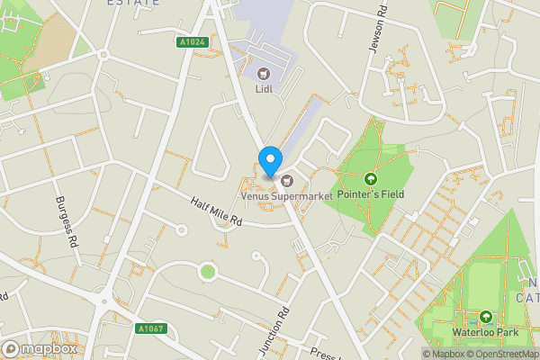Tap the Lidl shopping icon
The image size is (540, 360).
pyautogui.click(x=264, y=74)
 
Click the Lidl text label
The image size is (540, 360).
pyautogui.click(x=264, y=89)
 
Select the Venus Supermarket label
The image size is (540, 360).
pyautogui.click(x=286, y=194)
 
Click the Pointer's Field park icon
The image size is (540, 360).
pyautogui.click(x=370, y=178)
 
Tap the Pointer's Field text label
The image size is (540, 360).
pyautogui.click(x=370, y=193)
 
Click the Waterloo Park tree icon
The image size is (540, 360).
pyautogui.click(x=487, y=317)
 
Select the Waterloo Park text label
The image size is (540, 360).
pyautogui.click(x=487, y=332)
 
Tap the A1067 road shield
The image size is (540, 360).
pyautogui.click(x=150, y=329)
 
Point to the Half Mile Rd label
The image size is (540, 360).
pyautogui.click(x=217, y=211)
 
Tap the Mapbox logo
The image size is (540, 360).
pyautogui.click(x=38, y=348)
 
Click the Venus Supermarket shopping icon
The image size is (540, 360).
pyautogui.click(x=273, y=179)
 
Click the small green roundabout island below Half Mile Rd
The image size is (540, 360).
pyautogui.click(x=208, y=271)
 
